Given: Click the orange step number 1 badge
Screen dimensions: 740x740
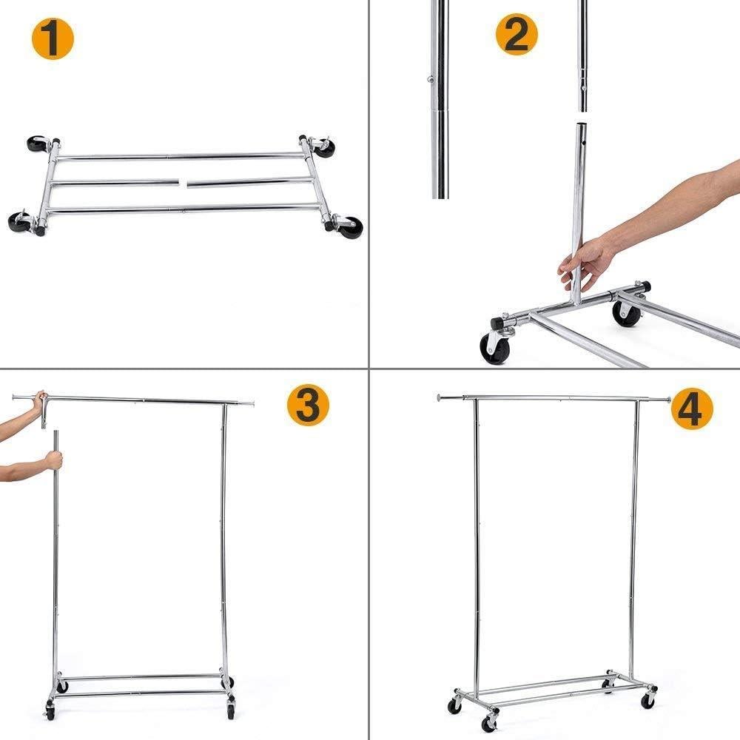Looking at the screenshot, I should click(x=53, y=39).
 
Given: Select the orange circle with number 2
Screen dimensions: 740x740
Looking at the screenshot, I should click(x=517, y=35).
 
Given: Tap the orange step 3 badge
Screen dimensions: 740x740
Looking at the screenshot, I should click(x=308, y=406).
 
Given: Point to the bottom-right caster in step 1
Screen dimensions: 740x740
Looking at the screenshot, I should click(x=350, y=226).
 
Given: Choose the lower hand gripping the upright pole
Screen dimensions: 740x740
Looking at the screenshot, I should click(x=53, y=460).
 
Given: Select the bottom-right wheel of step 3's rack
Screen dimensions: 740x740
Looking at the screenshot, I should click(x=231, y=712).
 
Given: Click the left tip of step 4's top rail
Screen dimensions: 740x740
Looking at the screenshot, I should click(x=440, y=397).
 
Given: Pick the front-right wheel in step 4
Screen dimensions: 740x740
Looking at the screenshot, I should click(x=649, y=699).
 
